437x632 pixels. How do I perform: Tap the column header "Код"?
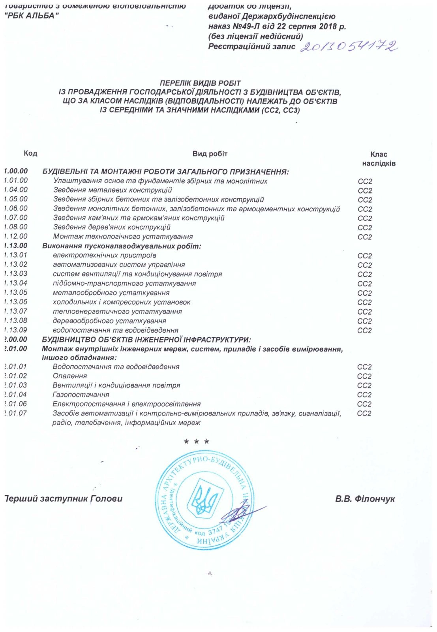pos(30,153)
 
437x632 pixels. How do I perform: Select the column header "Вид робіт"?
pos(210,154)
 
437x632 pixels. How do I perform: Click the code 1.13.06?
pos(16,302)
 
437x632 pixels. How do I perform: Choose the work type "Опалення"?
pos(69,376)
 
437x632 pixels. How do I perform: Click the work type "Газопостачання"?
pos(81,395)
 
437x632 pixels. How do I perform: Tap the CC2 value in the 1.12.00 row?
pos(365,237)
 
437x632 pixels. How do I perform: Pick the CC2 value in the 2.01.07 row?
pos(364,414)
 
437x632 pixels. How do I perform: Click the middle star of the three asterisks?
pos(196,442)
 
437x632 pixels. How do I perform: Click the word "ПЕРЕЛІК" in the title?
pos(175,83)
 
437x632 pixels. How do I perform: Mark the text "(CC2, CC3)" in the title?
pos(280,110)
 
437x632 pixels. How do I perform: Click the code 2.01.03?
pos(16,385)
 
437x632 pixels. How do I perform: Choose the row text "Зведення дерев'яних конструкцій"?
pos(112,228)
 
